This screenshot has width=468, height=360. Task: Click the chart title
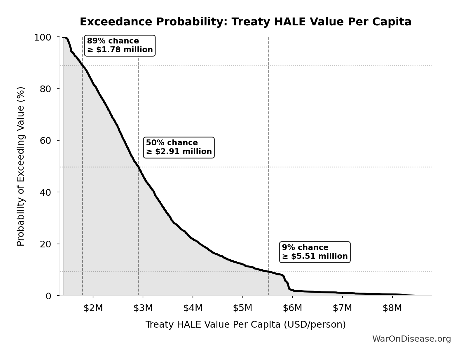245,22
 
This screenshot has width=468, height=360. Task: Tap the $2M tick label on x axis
93,308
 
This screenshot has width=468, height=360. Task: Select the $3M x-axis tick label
143,308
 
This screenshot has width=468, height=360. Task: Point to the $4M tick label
193,308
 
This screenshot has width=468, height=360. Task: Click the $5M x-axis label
242,308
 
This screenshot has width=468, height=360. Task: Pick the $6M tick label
292,308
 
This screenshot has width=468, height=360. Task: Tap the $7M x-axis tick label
342,308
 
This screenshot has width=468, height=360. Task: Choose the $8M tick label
392,308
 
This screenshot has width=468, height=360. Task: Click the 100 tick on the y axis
43,37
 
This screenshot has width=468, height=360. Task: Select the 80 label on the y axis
46,89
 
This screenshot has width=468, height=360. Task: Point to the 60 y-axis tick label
46,141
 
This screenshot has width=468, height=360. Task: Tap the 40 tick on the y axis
46,192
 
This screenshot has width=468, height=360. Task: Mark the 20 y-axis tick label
46,244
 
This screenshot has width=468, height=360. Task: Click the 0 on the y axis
48,296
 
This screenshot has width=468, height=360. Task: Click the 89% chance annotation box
120,46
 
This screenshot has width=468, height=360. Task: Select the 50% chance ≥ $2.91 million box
179,147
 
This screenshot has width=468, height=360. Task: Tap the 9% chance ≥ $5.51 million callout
315,252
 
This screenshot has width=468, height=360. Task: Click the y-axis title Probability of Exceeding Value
21,166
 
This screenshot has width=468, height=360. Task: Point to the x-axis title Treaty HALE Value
245,324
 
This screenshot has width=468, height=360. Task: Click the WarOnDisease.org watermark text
411,339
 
